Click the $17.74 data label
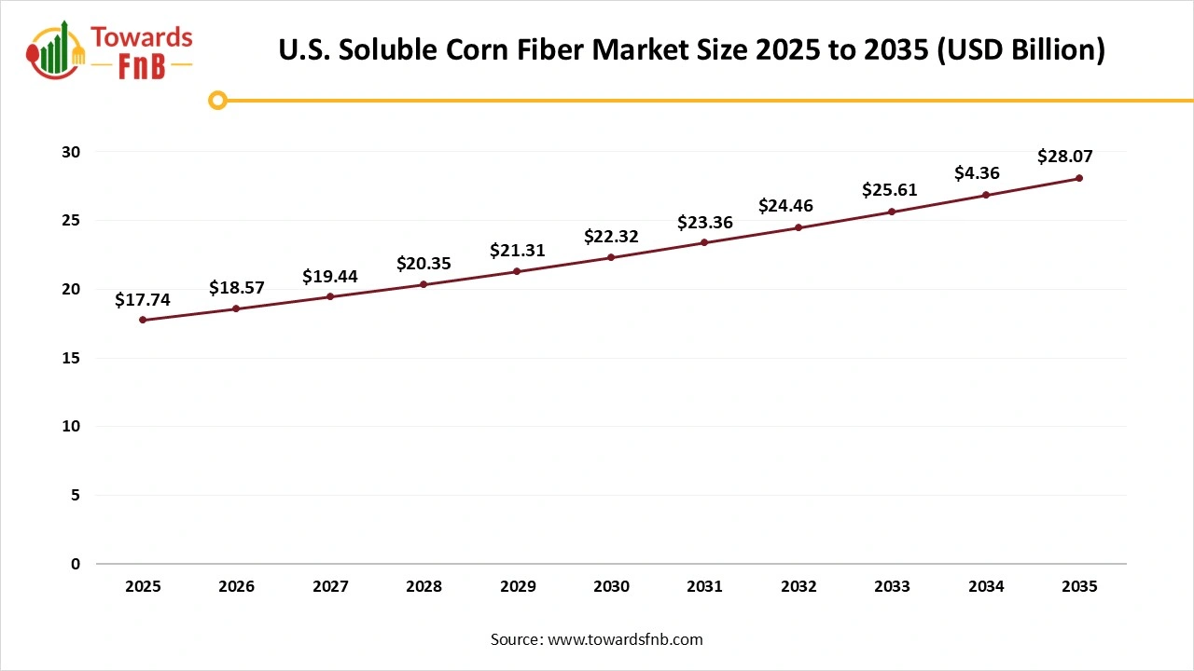(143, 299)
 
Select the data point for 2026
(236, 308)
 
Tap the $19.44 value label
(330, 276)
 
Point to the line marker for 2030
(611, 257)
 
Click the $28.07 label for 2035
(1064, 157)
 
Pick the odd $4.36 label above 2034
(977, 173)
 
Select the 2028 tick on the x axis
(423, 586)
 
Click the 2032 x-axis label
(798, 586)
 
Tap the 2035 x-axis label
(1079, 586)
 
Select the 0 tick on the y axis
(76, 564)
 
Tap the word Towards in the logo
(141, 38)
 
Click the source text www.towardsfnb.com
(623, 639)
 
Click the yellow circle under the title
(217, 100)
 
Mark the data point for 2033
(892, 212)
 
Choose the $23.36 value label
(704, 222)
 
